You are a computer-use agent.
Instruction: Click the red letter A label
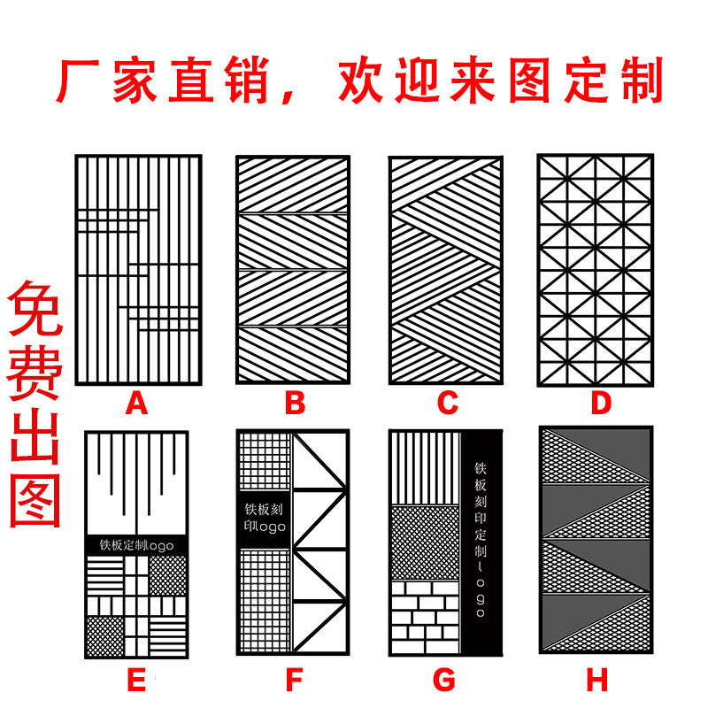135,404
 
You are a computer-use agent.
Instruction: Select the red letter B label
295,404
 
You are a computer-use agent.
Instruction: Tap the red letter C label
448,404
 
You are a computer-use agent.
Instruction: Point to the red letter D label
601,404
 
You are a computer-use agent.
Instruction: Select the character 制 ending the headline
639,82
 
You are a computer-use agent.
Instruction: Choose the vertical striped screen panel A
137,270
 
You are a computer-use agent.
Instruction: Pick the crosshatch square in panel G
425,543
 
